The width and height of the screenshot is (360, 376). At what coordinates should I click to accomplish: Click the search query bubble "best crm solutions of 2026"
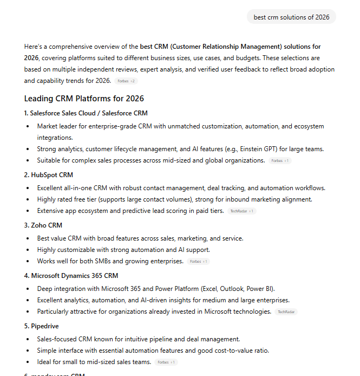291,17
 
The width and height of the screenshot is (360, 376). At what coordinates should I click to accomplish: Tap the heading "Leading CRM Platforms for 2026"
84,99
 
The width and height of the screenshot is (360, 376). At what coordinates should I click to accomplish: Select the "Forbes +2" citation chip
126,81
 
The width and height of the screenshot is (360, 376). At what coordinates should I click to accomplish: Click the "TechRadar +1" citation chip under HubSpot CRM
242,211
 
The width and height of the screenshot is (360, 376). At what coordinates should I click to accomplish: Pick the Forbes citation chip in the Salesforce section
280,161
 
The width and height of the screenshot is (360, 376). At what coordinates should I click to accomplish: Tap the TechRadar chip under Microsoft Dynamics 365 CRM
286,312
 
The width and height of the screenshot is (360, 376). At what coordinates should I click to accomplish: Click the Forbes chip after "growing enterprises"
199,261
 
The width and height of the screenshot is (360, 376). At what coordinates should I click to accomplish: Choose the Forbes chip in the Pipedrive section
167,362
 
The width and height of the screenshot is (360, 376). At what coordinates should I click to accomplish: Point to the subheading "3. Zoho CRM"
43,225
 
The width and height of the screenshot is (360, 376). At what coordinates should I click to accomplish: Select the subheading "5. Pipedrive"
42,326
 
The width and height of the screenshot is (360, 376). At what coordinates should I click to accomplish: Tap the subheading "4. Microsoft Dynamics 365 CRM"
71,276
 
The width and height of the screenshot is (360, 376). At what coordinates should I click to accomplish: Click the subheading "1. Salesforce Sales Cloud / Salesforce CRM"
86,113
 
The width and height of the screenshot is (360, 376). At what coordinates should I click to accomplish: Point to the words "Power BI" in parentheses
261,288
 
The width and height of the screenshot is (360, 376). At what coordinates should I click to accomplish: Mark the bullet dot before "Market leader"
28,126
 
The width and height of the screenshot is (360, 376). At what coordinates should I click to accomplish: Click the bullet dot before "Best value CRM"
28,238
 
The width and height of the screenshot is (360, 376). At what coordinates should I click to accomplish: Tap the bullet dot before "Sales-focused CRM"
28,339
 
